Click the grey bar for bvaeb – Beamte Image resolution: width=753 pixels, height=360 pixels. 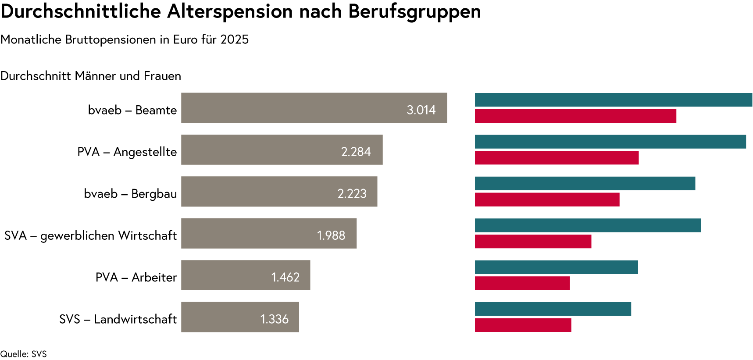(x=314, y=108)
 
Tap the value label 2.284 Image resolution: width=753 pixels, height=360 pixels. (x=356, y=152)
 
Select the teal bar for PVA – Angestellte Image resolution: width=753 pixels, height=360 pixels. (x=610, y=142)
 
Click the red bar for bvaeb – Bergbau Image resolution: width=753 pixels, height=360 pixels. (x=547, y=200)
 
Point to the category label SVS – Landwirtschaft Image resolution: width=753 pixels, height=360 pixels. (x=118, y=319)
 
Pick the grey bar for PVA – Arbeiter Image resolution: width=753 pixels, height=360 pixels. (x=246, y=275)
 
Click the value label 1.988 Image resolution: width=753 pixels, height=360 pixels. (x=331, y=235)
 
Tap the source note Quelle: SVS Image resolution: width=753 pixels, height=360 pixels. (x=23, y=354)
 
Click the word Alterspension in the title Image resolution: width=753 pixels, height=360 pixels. (x=230, y=12)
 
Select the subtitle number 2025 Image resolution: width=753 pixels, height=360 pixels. (x=235, y=39)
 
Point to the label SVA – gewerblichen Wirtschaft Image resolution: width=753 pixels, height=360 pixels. (x=90, y=236)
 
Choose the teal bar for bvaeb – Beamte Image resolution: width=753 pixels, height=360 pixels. (x=614, y=100)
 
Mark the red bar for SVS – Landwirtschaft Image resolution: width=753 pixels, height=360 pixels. (x=523, y=325)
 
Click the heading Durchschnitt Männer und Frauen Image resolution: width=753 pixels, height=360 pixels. (x=91, y=76)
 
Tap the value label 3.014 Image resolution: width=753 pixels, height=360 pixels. (x=421, y=110)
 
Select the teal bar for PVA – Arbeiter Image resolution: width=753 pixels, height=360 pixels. (x=557, y=267)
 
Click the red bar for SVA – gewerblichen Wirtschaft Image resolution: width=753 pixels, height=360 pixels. (x=533, y=241)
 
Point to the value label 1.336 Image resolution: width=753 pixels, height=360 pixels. (x=275, y=319)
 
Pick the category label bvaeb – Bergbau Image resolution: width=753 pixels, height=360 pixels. (x=130, y=194)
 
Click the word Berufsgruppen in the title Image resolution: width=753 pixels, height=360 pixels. (x=414, y=12)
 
